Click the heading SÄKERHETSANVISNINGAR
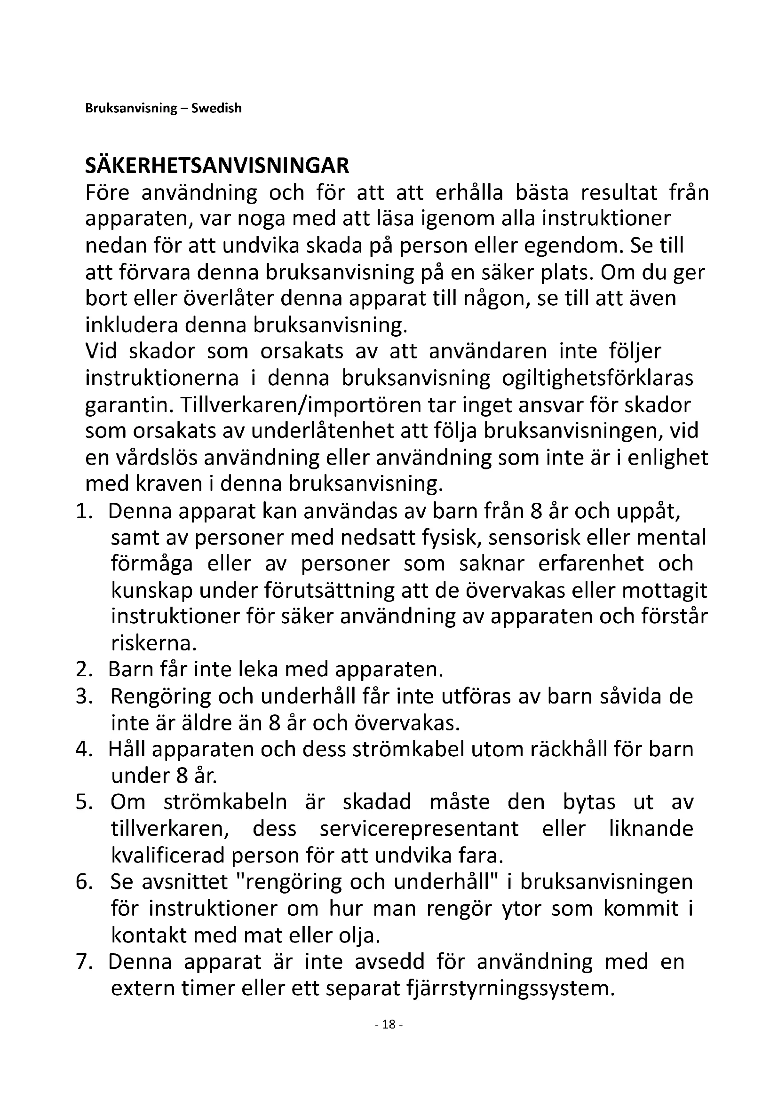point(217,166)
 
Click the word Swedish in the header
point(216,108)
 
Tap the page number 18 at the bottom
point(389,1024)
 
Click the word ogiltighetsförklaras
point(597,379)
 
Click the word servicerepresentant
point(419,829)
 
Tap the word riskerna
point(154,643)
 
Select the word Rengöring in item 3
point(160,696)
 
